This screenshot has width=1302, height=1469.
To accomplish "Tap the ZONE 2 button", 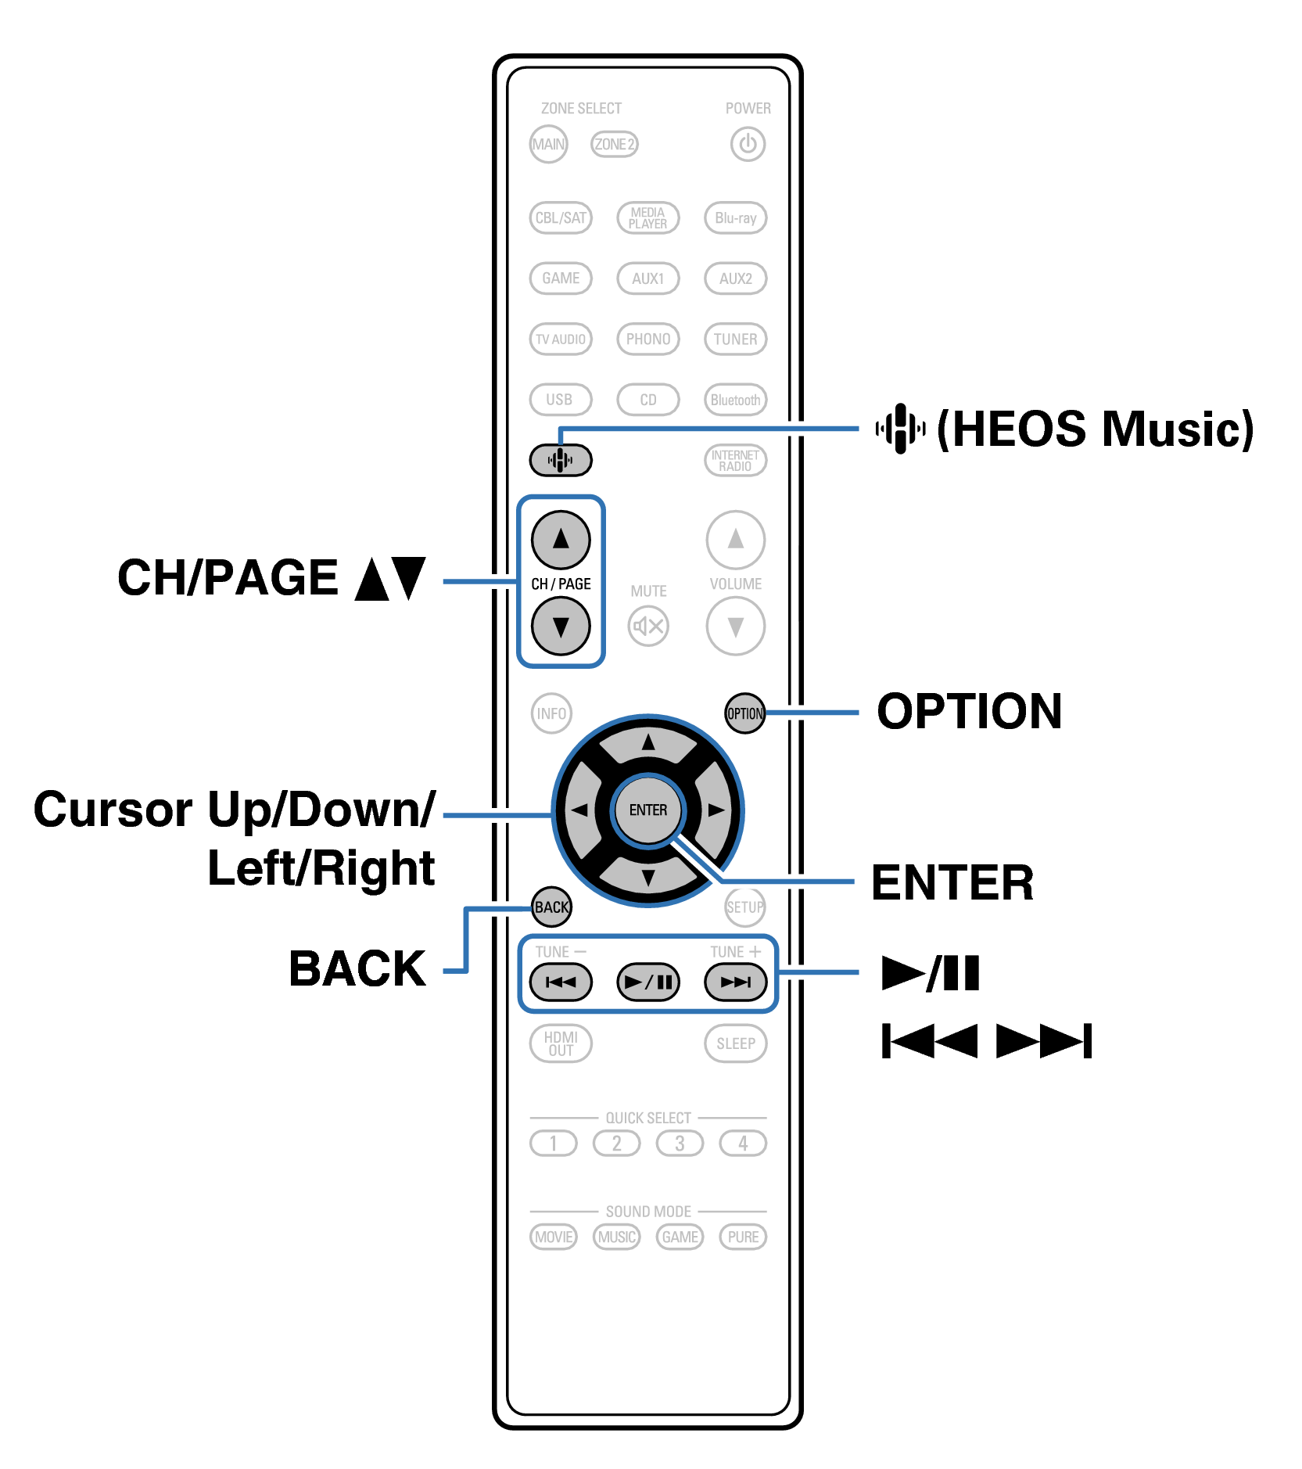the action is [x=614, y=144].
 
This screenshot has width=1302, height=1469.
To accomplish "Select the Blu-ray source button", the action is [x=735, y=217].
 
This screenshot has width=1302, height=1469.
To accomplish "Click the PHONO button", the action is [x=647, y=339].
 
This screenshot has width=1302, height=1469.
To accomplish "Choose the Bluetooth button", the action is [x=735, y=400].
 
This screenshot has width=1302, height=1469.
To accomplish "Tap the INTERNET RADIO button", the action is [x=735, y=460].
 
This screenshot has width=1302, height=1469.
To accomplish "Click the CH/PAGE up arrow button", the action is [x=561, y=539].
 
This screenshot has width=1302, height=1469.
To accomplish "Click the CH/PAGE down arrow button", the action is [x=561, y=626].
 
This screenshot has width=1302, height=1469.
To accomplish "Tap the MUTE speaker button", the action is [x=648, y=626].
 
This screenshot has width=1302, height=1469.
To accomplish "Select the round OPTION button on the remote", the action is [x=744, y=713].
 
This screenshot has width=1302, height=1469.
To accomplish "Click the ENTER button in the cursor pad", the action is [x=647, y=810].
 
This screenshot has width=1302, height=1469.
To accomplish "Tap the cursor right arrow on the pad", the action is [x=714, y=810].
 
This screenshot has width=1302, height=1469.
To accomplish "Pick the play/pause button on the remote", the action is [x=647, y=982].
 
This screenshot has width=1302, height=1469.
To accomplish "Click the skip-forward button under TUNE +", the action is [x=735, y=982].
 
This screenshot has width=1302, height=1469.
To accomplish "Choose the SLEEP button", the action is [x=735, y=1043].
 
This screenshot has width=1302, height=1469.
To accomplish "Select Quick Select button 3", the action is [x=680, y=1143].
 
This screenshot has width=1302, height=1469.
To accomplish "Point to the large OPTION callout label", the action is [x=969, y=711].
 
